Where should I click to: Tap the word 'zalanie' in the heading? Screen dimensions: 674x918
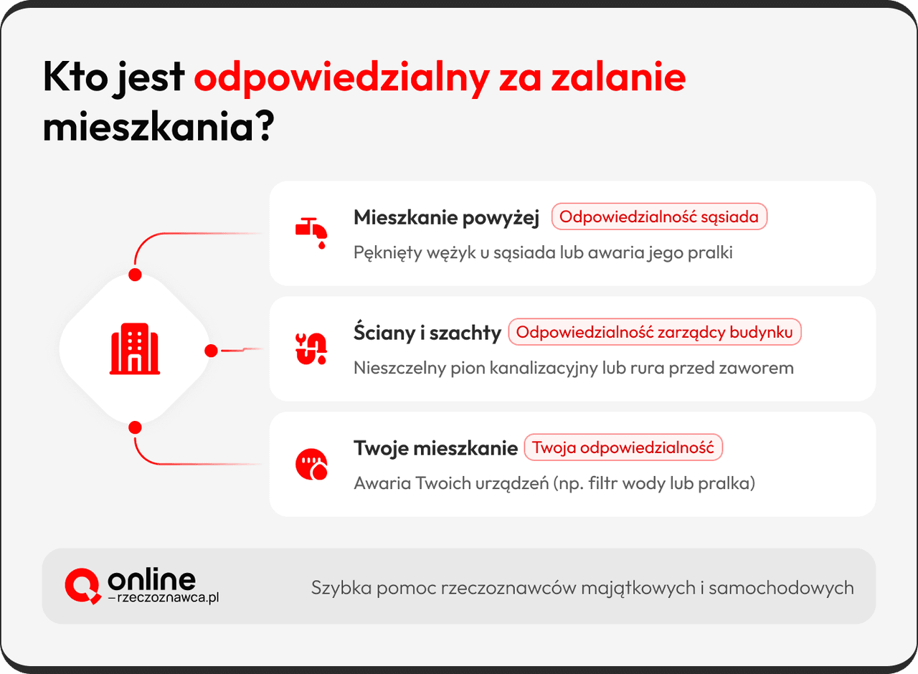tap(617, 77)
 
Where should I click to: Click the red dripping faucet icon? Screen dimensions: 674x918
tap(311, 232)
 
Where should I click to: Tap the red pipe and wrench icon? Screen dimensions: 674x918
tap(311, 348)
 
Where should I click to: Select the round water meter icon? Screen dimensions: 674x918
tap(311, 464)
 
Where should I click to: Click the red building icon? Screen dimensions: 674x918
tap(135, 348)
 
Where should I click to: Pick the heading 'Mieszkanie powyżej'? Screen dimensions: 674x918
tap(446, 218)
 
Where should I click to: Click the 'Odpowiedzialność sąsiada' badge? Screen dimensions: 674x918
tap(659, 217)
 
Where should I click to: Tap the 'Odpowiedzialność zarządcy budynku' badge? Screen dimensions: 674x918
tap(654, 333)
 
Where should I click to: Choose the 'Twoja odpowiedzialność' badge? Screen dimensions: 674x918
tap(623, 448)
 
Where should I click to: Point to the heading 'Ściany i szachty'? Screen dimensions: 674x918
tap(427, 333)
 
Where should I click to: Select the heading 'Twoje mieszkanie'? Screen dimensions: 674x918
tap(435, 448)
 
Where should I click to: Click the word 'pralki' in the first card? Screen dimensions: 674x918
tap(711, 253)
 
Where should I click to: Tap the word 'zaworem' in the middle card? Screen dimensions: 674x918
tap(762, 369)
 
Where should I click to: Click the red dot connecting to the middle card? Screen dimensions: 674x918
tap(211, 351)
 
